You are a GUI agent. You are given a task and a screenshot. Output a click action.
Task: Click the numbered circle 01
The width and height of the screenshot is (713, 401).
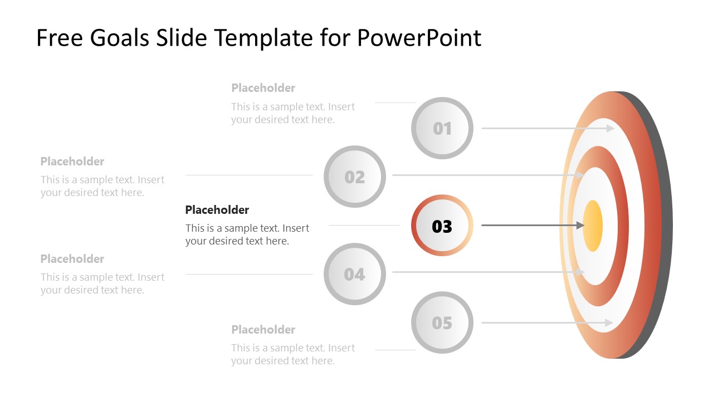coord(442,128)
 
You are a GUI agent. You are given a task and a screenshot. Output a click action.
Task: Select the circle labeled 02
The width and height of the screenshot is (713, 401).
coord(354,177)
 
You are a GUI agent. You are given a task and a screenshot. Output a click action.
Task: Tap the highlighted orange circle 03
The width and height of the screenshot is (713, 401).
coord(442,226)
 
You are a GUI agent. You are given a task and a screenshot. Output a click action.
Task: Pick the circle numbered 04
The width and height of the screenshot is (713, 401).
coord(354,274)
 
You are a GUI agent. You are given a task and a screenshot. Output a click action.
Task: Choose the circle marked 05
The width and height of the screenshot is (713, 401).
coord(442,322)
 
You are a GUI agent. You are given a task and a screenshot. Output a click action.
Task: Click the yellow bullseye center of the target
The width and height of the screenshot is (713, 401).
coord(593,226)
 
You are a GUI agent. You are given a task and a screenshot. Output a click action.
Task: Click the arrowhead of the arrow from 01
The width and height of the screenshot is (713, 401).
coord(611,128)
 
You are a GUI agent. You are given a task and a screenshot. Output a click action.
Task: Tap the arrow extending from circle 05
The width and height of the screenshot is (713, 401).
coord(546,322)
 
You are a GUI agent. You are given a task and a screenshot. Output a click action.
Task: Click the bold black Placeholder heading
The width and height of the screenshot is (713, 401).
coord(217,210)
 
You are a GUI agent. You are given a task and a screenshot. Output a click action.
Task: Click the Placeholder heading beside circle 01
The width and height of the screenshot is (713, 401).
coord(263,88)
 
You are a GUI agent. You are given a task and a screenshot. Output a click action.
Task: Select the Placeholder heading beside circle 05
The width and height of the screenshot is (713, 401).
coord(263,330)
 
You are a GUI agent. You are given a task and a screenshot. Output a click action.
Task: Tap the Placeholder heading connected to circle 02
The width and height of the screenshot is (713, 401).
coord(72,162)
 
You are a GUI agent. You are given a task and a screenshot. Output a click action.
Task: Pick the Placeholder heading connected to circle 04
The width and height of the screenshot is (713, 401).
coord(72,259)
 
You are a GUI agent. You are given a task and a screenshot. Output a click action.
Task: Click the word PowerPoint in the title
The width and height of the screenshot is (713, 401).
coord(419,38)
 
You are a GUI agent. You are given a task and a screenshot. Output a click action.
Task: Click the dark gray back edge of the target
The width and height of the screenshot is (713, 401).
coord(663,223)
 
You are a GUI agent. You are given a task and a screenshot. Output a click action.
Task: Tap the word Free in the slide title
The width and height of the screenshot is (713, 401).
coord(58,38)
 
